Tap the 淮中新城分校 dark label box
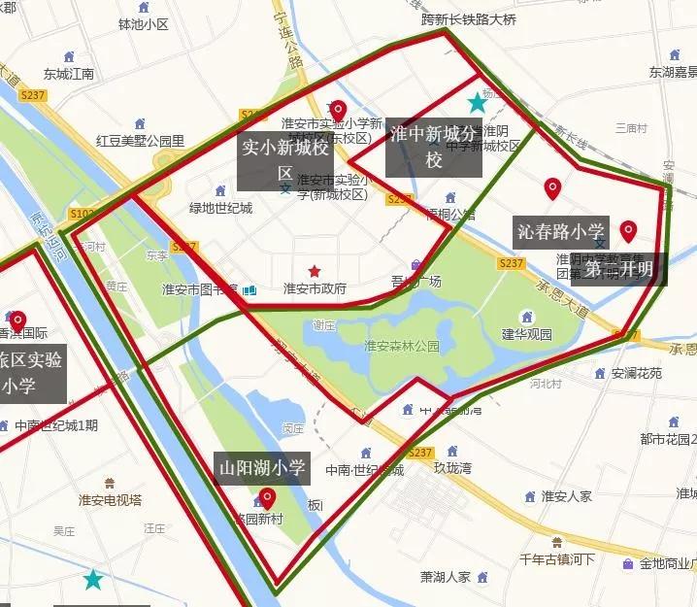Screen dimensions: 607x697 pos(433,148)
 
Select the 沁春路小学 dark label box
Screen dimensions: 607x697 pos(561,232)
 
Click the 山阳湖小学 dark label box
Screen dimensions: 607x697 pos(263,469)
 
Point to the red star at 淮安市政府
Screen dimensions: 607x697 pos(315,271)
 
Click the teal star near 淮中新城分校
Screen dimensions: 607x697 pos(477,102)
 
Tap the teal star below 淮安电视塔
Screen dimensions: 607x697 pos(93,580)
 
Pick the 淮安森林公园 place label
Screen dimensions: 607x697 pos(402,346)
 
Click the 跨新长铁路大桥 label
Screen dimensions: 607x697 pos(469,18)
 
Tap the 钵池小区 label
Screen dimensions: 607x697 pos(143,24)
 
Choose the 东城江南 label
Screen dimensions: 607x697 pos(69,74)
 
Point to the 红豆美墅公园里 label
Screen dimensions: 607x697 pos(140,141)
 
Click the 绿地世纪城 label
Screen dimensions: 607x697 pos(220,208)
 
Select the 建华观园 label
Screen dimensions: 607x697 pos(526,334)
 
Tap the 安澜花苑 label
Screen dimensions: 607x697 pos(636,373)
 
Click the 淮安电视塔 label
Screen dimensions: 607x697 pos(110,499)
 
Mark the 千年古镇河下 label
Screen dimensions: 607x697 pos(557,559)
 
